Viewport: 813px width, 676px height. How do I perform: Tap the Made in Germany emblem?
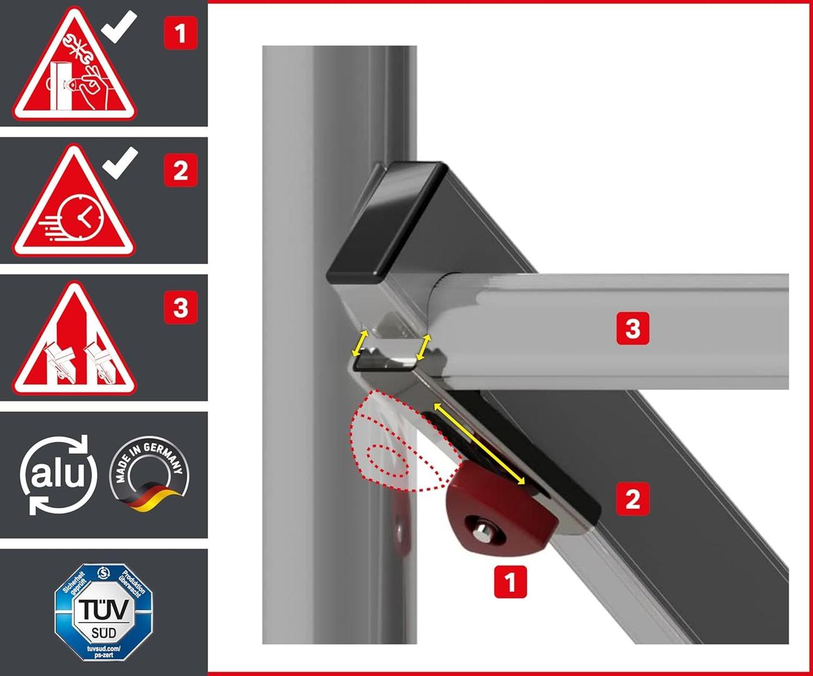click(149, 474)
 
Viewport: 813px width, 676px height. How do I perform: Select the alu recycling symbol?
click(58, 474)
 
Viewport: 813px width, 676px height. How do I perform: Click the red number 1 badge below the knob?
click(510, 581)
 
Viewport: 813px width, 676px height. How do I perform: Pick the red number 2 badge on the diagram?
click(633, 499)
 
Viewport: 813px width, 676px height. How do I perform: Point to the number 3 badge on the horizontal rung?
click(633, 328)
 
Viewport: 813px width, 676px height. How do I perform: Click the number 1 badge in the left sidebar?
click(180, 33)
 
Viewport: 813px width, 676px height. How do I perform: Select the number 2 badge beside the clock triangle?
click(180, 170)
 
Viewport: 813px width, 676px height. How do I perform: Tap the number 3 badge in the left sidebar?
click(180, 307)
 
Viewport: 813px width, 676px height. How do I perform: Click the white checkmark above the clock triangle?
click(120, 163)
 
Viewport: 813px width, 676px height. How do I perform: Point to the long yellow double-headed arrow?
click(479, 444)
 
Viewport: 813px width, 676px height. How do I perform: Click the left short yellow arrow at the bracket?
click(359, 342)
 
